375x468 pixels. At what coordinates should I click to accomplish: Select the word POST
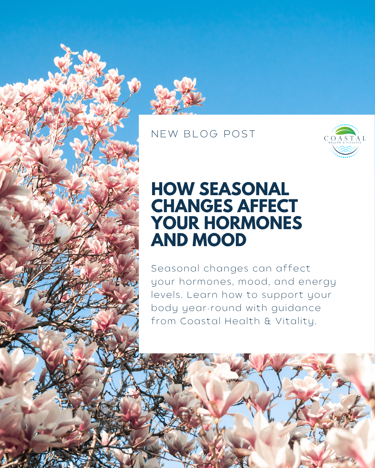239,134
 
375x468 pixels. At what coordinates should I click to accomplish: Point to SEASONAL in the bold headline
244,189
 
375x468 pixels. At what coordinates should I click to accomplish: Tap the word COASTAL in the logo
344,138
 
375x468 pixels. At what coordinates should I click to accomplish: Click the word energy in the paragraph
317,282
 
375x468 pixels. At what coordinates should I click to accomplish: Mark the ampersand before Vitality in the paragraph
268,321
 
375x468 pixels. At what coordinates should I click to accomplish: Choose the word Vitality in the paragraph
295,321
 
